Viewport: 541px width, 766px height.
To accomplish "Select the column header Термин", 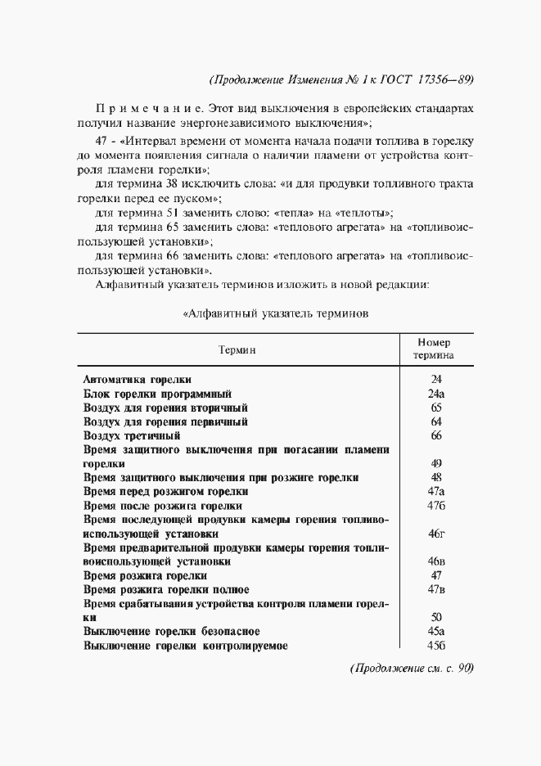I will pos(237,349).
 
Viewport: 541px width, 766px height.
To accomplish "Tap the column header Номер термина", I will pos(435,349).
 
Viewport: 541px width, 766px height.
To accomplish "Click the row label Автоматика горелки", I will pos(138,380).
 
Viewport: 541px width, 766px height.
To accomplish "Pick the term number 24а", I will pos(435,394).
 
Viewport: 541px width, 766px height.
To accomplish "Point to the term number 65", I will pos(435,408).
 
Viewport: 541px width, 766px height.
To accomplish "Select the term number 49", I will pos(435,463).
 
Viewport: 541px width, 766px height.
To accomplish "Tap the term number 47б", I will pos(435,506).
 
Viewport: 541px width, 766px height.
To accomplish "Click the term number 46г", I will pos(435,534).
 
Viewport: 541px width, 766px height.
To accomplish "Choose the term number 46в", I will pos(435,562).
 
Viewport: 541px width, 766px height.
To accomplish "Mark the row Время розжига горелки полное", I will pos(167,590).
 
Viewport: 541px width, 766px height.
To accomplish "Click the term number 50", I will pos(435,618).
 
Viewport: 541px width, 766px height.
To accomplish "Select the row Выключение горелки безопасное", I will pos(172,632).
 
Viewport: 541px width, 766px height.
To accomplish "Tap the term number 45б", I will pos(435,646).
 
